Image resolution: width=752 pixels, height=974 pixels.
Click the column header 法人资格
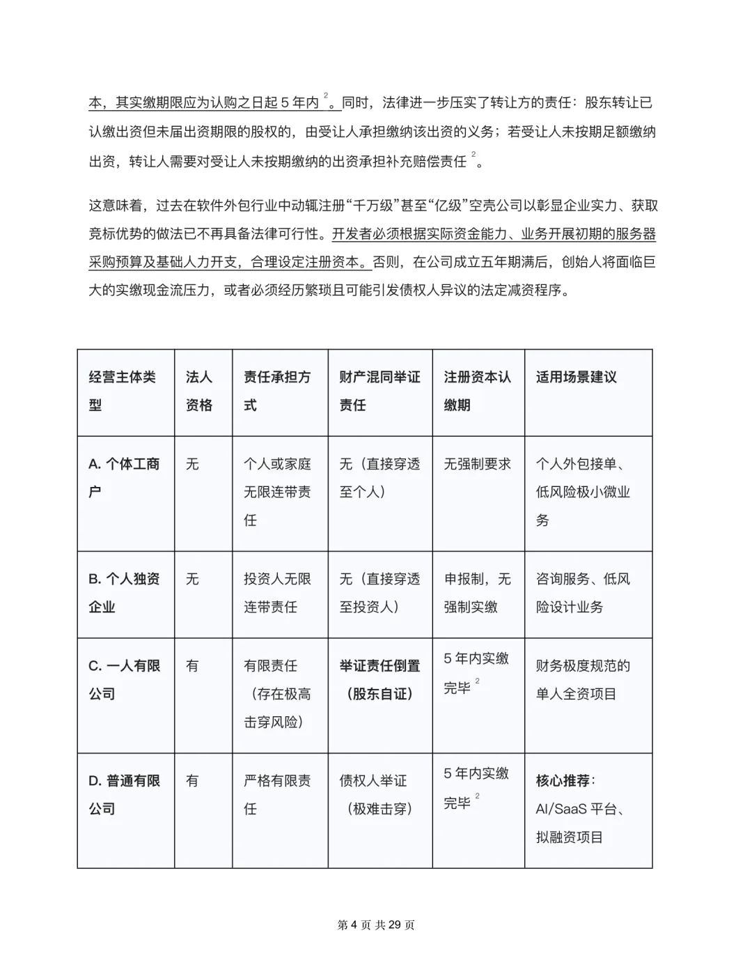point(199,391)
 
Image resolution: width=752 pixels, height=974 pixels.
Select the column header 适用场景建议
point(576,377)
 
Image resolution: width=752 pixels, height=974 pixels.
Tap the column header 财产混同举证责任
point(379,391)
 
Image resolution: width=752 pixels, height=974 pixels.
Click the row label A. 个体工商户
point(124,477)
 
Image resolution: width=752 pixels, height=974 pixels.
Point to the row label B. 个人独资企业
point(124,592)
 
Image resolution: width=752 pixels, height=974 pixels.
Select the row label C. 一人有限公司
point(124,679)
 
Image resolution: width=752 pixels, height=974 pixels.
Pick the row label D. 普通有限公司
point(124,794)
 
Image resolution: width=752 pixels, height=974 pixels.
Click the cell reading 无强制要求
point(477,464)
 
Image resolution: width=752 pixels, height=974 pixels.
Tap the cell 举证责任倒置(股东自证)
point(379,679)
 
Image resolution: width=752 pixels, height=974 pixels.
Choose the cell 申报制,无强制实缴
point(477,592)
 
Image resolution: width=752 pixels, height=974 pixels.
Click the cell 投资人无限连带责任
point(277,592)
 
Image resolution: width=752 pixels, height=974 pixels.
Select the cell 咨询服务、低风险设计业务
point(583,592)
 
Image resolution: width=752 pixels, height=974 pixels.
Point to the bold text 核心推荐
point(564,780)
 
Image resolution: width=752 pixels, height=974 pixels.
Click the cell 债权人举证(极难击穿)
point(376,794)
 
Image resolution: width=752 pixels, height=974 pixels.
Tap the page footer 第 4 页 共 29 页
point(376,925)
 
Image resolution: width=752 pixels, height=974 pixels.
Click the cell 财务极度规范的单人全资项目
point(583,679)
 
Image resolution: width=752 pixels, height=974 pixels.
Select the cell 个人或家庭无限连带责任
point(277,492)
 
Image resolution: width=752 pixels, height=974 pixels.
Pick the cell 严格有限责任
point(277,794)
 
